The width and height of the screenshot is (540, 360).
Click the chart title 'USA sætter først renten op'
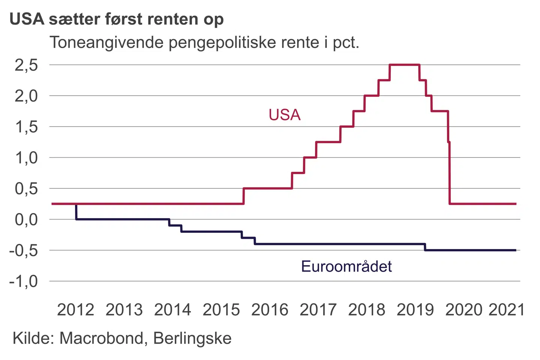pyautogui.click(x=117, y=19)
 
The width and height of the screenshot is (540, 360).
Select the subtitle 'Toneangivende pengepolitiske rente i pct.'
pyautogui.click(x=204, y=42)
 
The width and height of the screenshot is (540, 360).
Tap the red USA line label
pyautogui.click(x=285, y=115)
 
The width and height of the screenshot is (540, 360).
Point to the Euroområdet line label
pyautogui.click(x=346, y=266)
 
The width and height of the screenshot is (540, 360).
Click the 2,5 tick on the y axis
pyautogui.click(x=26, y=65)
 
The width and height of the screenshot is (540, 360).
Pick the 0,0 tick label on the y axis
pyautogui.click(x=26, y=219)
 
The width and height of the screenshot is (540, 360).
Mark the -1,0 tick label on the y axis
pyautogui.click(x=24, y=281)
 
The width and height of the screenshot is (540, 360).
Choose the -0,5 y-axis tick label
pyautogui.click(x=24, y=250)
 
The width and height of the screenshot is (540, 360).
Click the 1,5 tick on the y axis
pyautogui.click(x=26, y=127)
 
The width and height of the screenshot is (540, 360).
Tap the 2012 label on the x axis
pyautogui.click(x=75, y=310)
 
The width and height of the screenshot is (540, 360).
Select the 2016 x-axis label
pyautogui.click(x=270, y=310)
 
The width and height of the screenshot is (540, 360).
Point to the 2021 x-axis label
pyautogui.click(x=506, y=310)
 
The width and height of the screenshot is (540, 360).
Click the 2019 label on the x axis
pyautogui.click(x=415, y=310)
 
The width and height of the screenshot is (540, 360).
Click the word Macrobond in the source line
pyautogui.click(x=101, y=338)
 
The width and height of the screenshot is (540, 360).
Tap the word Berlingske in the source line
pyautogui.click(x=192, y=338)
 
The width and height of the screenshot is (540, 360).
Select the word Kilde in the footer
pyautogui.click(x=33, y=338)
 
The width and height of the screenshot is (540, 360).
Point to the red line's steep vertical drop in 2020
pyautogui.click(x=449, y=172)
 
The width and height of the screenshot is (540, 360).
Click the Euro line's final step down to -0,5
pyautogui.click(x=425, y=247)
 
